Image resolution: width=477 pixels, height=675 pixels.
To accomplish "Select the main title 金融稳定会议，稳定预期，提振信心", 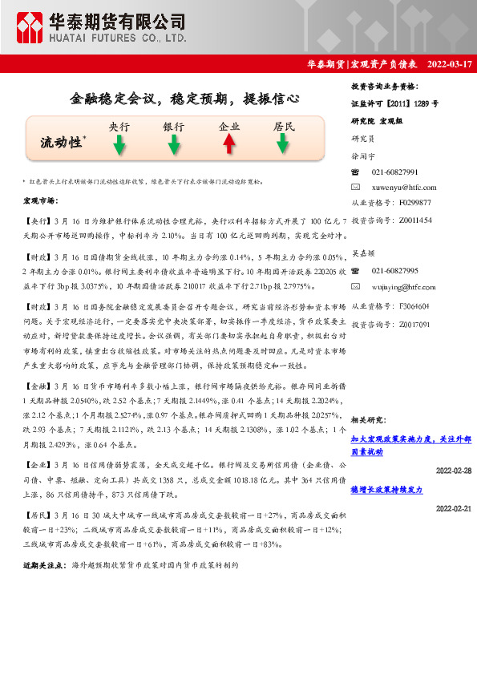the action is [x=185, y=99].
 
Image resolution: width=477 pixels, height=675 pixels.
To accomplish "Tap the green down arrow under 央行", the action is [x=119, y=144].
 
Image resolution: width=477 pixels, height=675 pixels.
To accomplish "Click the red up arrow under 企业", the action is [x=229, y=143].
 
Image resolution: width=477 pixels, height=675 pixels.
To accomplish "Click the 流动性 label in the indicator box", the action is [x=62, y=143].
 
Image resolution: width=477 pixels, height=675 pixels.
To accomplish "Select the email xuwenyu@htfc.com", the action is [x=404, y=187].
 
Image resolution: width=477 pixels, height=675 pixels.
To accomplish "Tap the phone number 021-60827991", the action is [x=395, y=172].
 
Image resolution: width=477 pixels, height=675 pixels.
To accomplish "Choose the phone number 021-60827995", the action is [x=395, y=271].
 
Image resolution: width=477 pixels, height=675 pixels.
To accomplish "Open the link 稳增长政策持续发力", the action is [x=386, y=488].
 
